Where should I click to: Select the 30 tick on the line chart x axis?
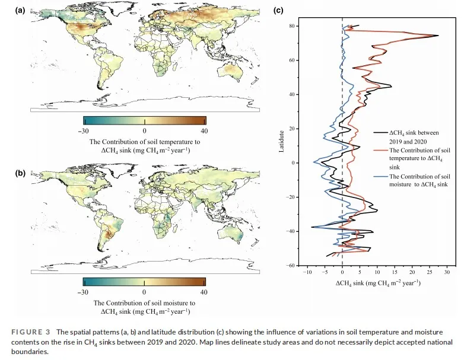447,274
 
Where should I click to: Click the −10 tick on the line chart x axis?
307,274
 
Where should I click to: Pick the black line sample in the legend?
380,133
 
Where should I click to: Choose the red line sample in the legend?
380,151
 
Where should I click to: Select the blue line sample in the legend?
380,177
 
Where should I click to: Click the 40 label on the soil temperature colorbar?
205,130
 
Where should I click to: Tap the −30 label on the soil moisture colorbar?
84,292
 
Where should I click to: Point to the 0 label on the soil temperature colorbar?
144,130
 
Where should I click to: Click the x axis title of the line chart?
378,283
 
